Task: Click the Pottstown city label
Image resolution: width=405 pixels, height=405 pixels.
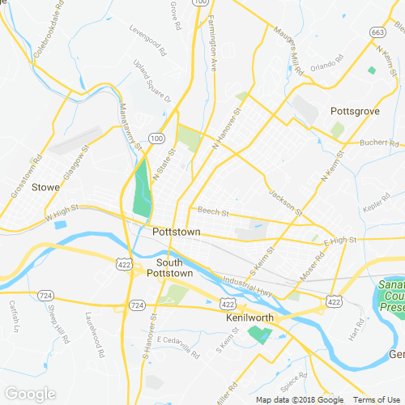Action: (176, 232)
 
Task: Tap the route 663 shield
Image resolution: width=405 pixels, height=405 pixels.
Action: (377, 32)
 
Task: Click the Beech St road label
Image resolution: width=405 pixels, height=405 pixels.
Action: (214, 214)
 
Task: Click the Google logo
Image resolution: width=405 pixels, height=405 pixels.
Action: (30, 394)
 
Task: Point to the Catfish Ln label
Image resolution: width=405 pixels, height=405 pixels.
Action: (14, 316)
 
